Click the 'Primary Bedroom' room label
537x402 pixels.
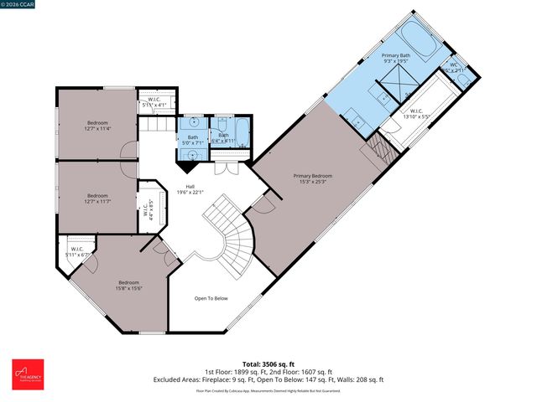(x=312, y=179)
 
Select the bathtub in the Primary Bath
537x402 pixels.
(x=416, y=39)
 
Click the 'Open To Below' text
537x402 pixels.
(x=211, y=297)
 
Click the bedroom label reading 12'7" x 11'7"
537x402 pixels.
(x=97, y=199)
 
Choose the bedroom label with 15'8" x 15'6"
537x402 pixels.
(x=128, y=286)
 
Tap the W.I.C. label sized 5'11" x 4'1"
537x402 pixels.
(x=156, y=101)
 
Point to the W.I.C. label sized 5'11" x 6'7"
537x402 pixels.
(x=76, y=251)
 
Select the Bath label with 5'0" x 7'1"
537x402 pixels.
(x=193, y=140)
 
